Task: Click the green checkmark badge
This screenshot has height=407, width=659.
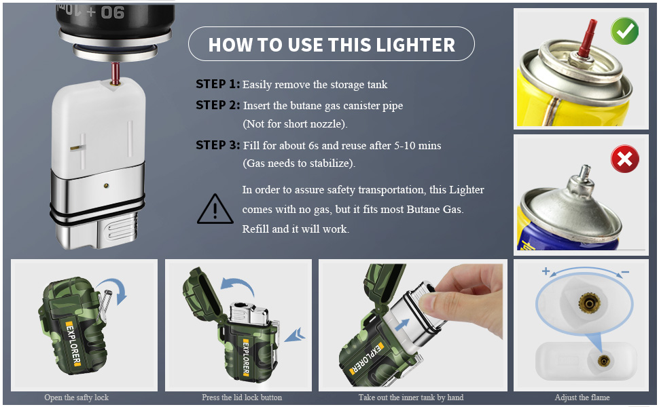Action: (624, 31)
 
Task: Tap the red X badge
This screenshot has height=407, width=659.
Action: (625, 159)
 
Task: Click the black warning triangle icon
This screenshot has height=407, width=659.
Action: (215, 209)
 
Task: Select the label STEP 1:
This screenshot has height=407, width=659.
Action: (217, 84)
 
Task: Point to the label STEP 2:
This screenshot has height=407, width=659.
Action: (217, 105)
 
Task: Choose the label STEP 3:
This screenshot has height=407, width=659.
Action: (217, 145)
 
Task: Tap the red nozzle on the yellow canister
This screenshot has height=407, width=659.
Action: (587, 38)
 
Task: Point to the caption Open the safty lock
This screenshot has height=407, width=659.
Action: (77, 398)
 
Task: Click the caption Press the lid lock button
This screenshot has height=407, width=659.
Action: (242, 398)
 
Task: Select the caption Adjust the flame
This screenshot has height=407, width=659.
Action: (582, 398)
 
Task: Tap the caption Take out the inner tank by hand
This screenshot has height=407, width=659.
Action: (411, 398)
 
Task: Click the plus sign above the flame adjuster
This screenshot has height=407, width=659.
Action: (546, 271)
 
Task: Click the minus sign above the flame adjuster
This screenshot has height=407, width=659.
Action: (625, 272)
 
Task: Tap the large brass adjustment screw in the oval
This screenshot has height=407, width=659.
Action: (589, 302)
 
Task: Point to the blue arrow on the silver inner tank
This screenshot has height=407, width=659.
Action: (402, 324)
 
